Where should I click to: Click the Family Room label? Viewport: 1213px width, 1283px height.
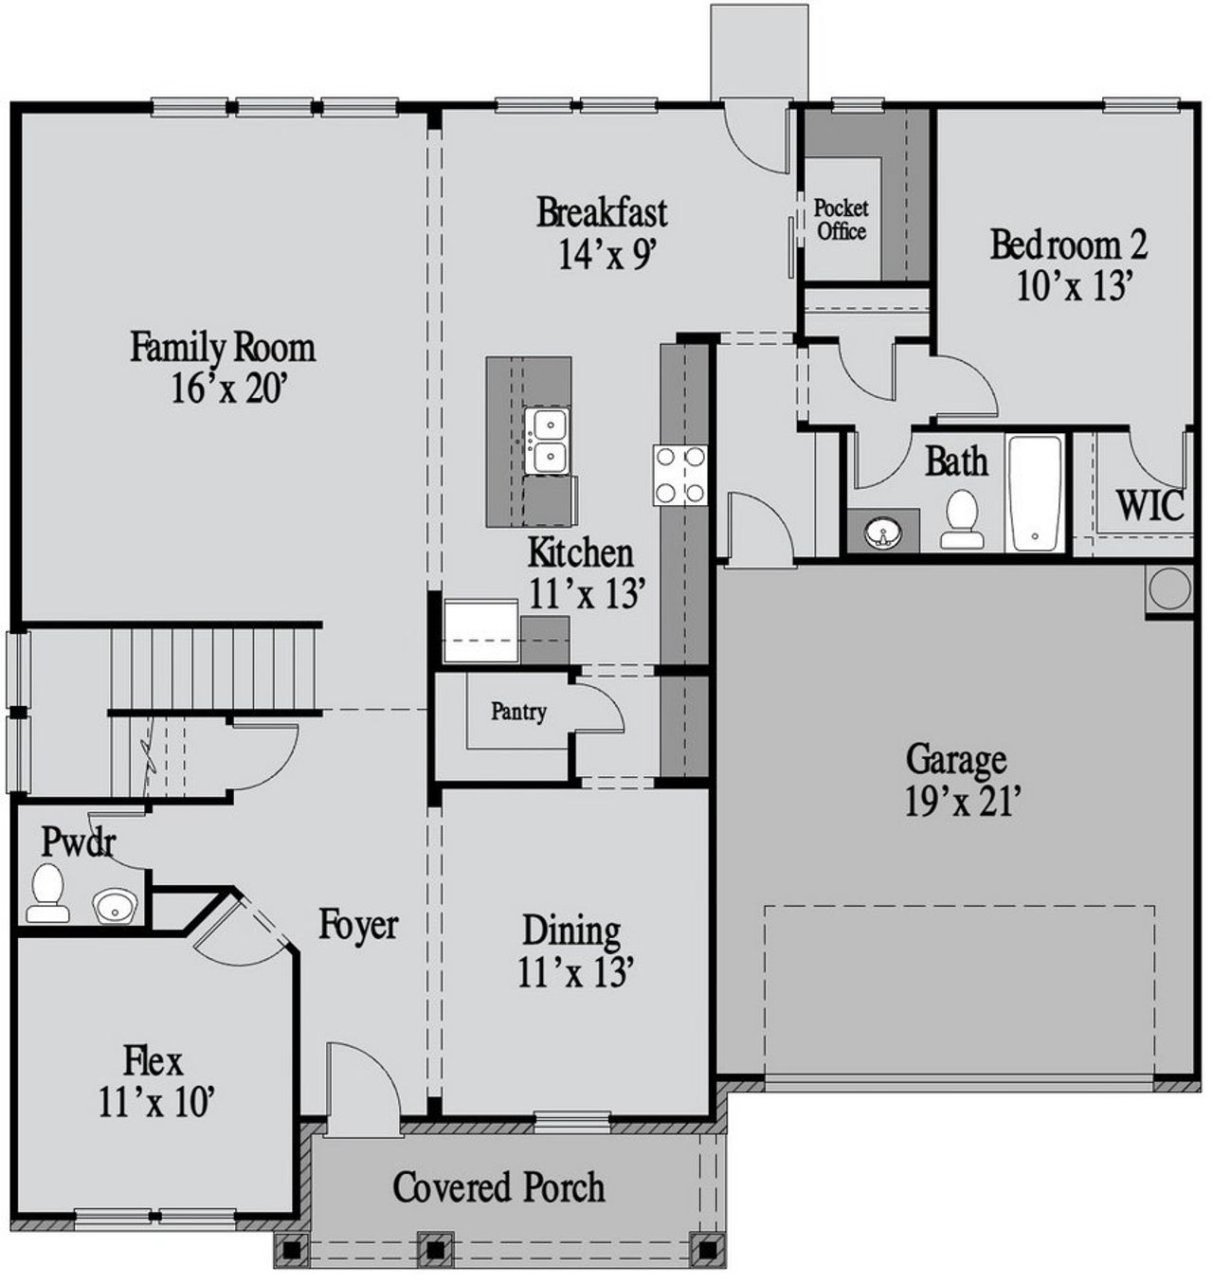coord(223,347)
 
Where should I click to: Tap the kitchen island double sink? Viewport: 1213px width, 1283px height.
coord(547,440)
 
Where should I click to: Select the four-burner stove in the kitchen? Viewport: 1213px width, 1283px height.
coord(679,475)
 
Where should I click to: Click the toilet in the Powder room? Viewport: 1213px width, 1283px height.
coord(46,893)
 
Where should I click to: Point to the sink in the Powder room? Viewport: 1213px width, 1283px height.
coord(116,905)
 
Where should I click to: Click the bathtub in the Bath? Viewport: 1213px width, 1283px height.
coord(1036,493)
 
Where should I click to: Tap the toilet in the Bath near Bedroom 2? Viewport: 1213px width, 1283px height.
coord(963,518)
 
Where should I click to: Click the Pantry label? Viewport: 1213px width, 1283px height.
coord(518,712)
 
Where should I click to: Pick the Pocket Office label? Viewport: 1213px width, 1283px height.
coord(841,219)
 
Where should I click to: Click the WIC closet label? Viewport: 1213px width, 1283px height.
coord(1150,505)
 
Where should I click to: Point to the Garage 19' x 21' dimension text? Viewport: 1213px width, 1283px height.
coord(961,803)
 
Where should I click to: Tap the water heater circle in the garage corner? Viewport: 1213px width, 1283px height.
coord(1168,588)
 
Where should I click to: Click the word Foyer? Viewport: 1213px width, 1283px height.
coord(358,924)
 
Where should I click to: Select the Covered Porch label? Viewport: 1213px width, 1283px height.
coord(498,1186)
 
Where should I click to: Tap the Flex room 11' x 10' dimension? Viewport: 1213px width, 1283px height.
coord(155,1101)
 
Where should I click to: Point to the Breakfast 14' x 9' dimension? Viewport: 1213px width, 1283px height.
coord(607,254)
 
